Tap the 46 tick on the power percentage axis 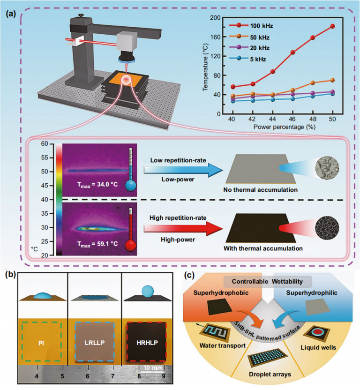coord(292,120)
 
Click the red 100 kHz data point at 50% coord(333,26)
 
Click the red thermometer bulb coord(130,244)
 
